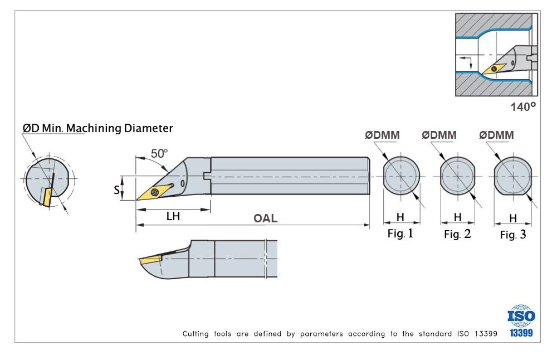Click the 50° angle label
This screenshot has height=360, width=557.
click(159, 153)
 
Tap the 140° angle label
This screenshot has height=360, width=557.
click(523, 107)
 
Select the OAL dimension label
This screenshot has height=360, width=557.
click(266, 218)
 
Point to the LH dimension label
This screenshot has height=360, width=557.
click(173, 216)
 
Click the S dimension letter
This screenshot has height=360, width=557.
click(117, 190)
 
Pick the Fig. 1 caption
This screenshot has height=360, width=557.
click(400, 233)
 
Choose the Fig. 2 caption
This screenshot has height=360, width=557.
click(457, 235)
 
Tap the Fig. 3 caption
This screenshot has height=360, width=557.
click(513, 235)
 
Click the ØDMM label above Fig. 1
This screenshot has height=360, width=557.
click(382, 135)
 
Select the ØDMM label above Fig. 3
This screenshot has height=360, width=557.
click(496, 135)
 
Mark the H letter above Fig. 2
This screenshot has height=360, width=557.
click(457, 217)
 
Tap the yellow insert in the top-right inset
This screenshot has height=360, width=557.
click(494, 69)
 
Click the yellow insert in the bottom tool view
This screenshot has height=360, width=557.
click(150, 260)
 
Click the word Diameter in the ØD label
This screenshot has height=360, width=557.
click(148, 128)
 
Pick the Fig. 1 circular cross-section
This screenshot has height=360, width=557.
click(401, 176)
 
